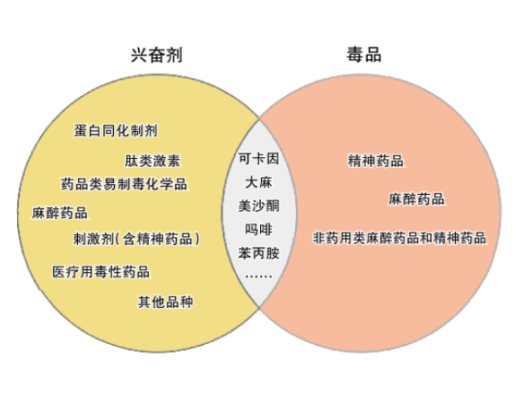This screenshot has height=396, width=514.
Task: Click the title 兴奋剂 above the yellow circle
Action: [157, 55]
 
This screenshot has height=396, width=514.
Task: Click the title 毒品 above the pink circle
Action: [364, 54]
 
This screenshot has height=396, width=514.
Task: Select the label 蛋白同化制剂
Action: [116, 130]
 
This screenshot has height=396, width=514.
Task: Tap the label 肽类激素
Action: [152, 161]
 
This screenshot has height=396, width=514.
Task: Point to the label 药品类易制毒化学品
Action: [124, 184]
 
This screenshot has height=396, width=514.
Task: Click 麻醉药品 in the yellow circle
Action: [60, 213]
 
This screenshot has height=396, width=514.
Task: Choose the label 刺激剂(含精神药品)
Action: [136, 239]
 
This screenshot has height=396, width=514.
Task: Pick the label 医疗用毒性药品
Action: [101, 272]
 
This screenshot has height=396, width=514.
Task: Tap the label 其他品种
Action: [165, 302]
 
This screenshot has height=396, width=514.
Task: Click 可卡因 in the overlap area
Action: [258, 158]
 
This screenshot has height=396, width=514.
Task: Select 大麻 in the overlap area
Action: [258, 182]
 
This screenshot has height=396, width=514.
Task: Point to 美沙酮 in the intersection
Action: [258, 206]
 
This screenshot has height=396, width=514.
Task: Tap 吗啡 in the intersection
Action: [258, 229]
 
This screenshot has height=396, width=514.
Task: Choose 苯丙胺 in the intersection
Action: [258, 253]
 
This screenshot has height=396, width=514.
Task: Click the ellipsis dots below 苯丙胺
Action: [258, 277]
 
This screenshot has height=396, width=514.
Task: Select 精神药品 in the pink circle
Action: [375, 161]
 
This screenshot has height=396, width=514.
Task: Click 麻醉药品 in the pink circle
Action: [416, 199]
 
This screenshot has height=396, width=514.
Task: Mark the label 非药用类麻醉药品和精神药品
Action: [399, 238]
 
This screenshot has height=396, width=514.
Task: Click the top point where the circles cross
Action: [259, 119]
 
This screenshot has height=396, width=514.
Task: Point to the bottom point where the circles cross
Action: [259, 307]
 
